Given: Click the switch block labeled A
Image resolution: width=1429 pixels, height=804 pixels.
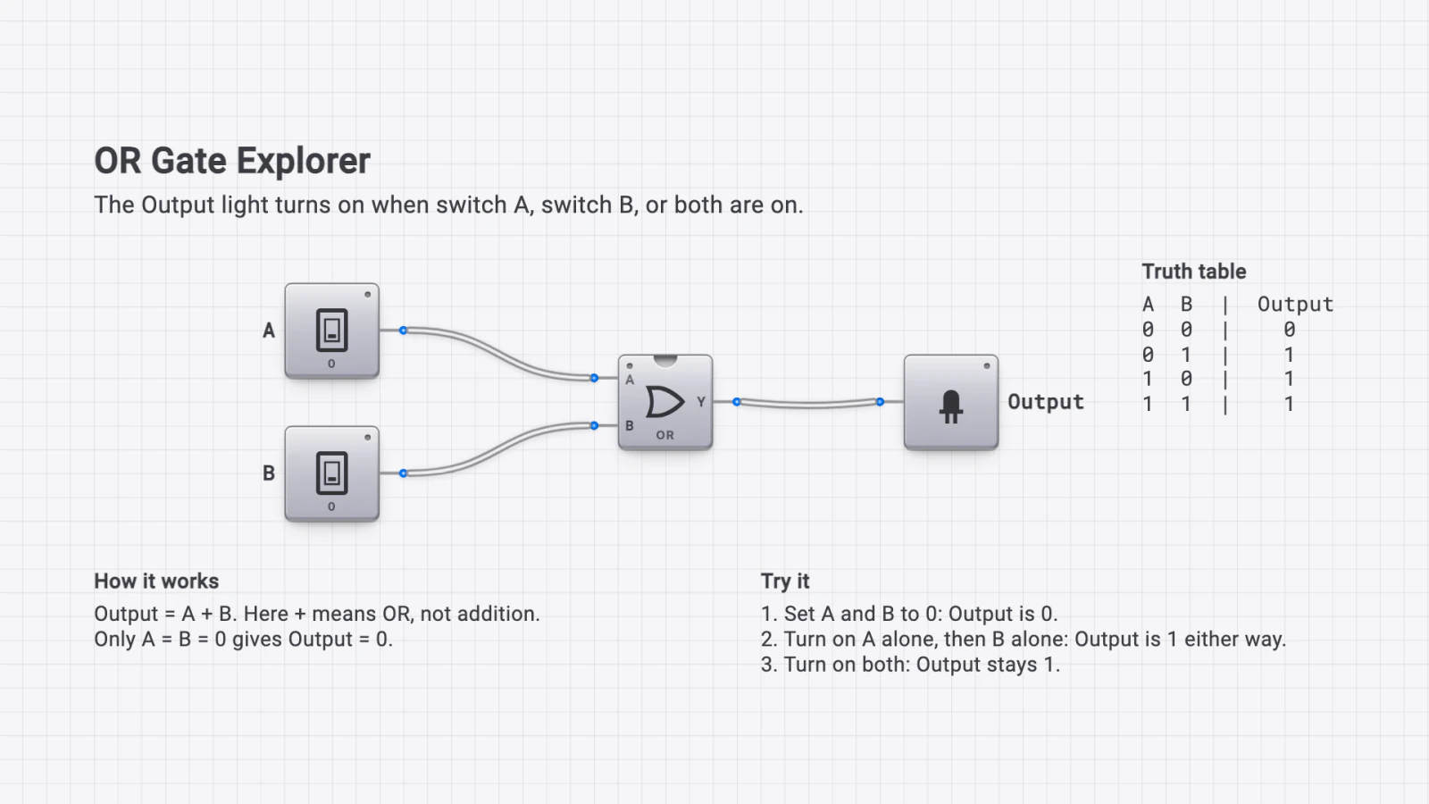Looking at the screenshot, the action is click(331, 331).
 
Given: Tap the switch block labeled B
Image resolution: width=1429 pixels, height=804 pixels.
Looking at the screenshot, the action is click(331, 473).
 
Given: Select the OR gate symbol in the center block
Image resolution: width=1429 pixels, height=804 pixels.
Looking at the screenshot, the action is click(664, 402).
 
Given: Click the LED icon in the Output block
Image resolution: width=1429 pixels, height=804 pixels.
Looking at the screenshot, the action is click(950, 406).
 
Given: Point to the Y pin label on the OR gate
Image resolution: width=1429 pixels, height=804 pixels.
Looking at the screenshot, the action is click(701, 402).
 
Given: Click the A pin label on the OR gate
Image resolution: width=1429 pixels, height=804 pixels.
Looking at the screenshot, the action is click(630, 381).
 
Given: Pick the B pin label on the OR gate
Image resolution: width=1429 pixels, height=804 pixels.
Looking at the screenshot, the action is click(630, 425).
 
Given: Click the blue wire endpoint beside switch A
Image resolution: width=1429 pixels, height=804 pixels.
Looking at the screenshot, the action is click(403, 331).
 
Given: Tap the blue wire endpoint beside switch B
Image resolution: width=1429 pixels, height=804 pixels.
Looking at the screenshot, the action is click(403, 473).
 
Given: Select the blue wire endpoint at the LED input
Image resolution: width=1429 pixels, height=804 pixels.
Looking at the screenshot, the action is click(880, 402).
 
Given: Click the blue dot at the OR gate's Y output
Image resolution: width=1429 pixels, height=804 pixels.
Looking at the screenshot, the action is click(736, 402).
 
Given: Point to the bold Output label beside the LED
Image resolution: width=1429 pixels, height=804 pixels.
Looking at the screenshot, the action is click(1046, 402).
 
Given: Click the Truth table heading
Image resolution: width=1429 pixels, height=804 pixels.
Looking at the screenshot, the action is click(1193, 272).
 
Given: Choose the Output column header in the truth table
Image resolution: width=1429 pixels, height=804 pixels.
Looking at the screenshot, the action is click(1295, 305).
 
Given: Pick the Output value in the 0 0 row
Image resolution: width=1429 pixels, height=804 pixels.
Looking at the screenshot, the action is click(1290, 330).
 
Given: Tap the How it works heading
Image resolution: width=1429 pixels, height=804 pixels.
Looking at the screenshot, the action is click(156, 582).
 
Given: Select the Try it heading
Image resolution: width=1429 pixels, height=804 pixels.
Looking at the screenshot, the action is click(785, 582).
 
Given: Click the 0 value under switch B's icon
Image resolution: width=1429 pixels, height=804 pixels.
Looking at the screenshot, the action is click(331, 507).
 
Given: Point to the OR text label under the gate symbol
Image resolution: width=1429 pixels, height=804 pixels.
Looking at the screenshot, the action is click(664, 435).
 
